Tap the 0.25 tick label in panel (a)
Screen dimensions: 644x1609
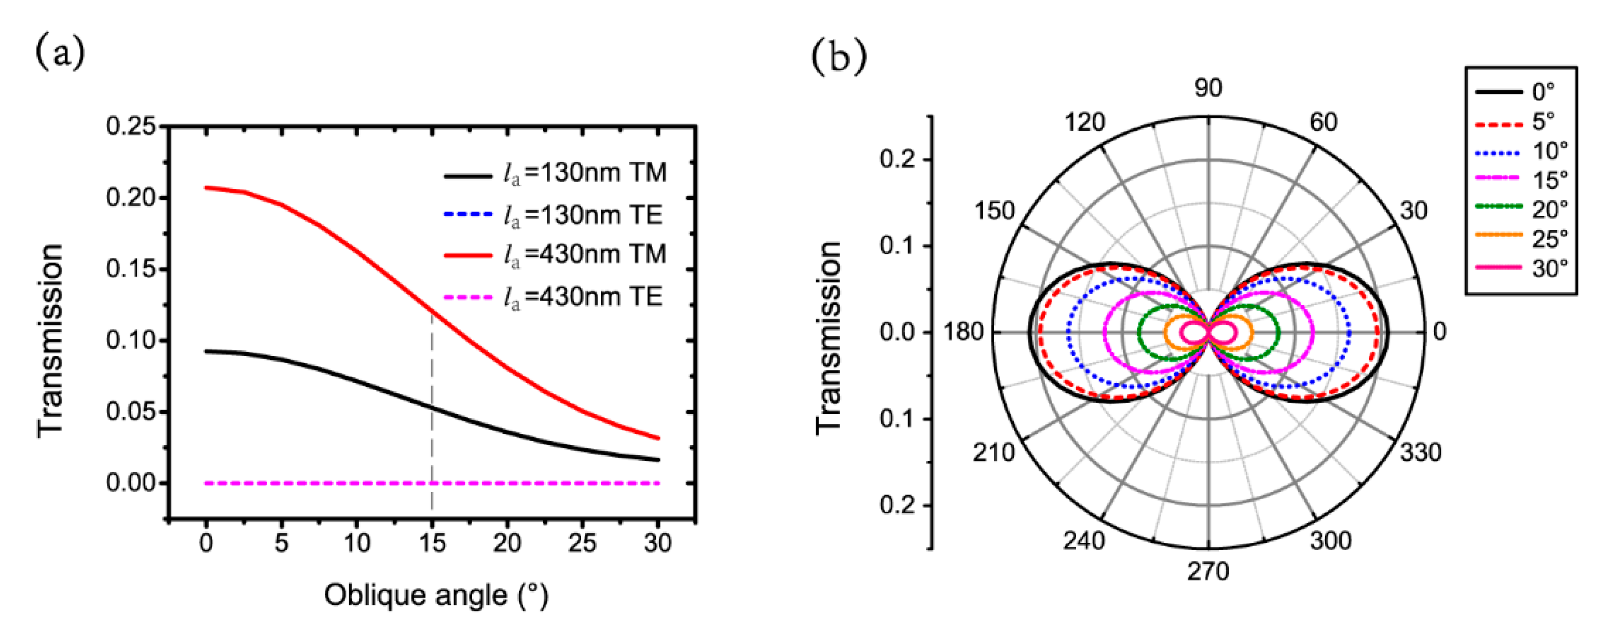click(x=131, y=126)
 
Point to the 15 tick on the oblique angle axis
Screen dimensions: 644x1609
click(x=432, y=543)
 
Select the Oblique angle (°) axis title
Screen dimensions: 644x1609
click(x=436, y=595)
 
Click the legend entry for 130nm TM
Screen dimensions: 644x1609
click(x=555, y=173)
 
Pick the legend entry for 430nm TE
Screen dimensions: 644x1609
click(x=555, y=297)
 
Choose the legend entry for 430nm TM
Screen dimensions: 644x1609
click(x=555, y=254)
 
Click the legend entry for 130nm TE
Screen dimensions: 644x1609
click(x=555, y=215)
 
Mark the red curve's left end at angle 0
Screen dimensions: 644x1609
click(x=207, y=187)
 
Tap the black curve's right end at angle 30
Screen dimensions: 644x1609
click(x=658, y=460)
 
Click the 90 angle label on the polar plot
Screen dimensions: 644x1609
click(x=1208, y=88)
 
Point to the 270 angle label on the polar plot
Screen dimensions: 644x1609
click(x=1208, y=571)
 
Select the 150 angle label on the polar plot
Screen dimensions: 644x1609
click(x=994, y=211)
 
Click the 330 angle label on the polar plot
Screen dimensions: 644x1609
click(x=1420, y=452)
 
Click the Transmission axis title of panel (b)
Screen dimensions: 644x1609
click(x=829, y=338)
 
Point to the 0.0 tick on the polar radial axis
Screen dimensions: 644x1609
click(x=897, y=332)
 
